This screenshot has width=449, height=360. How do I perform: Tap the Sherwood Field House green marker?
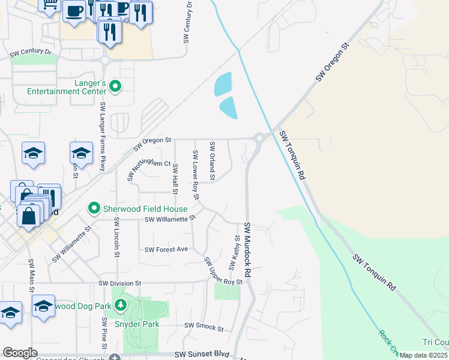click(94, 209)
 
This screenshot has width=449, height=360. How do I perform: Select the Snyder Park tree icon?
click(121, 305)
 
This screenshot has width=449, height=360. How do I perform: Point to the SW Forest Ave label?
click(166, 249)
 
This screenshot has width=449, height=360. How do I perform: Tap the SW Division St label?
click(119, 283)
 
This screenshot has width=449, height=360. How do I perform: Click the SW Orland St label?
click(212, 161)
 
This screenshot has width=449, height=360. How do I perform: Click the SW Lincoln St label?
click(116, 237)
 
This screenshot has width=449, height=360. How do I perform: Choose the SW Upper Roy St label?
click(223, 272)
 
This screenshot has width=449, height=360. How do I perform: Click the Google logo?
click(20, 353)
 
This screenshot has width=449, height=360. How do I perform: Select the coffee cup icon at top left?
click(74, 11)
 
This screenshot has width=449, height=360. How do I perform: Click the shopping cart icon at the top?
click(50, 5)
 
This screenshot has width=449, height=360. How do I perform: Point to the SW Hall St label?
click(175, 179)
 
